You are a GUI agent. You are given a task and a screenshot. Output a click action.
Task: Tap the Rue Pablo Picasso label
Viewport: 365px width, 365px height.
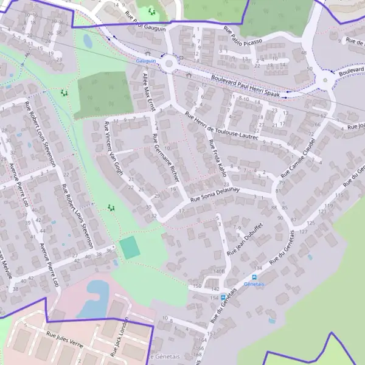click(243, 35)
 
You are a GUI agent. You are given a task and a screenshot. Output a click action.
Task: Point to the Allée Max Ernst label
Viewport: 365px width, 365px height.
click(149, 92)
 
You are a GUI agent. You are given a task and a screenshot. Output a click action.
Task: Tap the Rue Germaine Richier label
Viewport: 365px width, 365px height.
click(166, 158)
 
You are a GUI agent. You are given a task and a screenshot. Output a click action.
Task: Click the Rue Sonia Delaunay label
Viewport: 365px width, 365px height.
click(215, 194)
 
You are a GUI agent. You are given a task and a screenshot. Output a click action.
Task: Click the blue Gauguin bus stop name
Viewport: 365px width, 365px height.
click(146, 61)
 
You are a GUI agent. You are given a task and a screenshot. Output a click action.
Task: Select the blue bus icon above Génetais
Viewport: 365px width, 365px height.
click(255, 276)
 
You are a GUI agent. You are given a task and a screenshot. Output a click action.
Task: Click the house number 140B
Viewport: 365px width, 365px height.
click(219, 271)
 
